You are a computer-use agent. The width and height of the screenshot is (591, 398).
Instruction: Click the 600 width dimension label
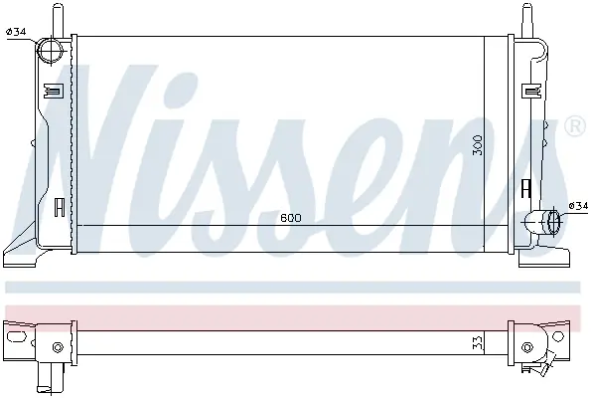coord(291,218)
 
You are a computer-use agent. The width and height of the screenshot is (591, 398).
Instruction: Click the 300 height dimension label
coord(477,144)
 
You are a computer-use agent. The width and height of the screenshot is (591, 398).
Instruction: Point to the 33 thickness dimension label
coord(478,343)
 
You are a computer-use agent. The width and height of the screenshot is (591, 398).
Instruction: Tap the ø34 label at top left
coord(16,32)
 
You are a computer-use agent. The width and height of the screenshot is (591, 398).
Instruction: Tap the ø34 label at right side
coord(578,206)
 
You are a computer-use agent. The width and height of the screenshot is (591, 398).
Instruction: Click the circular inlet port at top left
coord(51,51)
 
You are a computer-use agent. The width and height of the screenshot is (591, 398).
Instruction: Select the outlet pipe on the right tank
coord(542,222)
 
